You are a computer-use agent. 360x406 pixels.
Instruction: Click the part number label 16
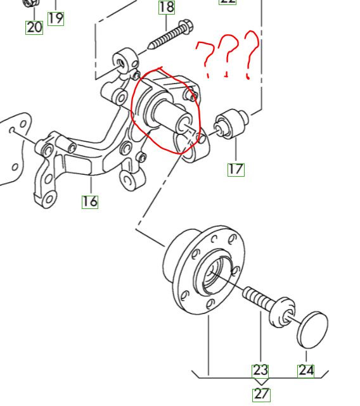(90, 201)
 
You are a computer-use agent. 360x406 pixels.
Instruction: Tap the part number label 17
(236, 169)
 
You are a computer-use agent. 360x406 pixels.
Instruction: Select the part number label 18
(167, 7)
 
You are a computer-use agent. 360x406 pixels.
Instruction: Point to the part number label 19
(56, 18)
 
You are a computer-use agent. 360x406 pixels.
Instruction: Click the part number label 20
(34, 27)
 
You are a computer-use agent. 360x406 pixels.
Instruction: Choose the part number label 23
(260, 371)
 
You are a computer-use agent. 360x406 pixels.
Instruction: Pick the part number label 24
(306, 371)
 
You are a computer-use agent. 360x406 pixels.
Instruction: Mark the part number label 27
(261, 395)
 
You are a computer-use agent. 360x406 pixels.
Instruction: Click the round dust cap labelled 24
(312, 330)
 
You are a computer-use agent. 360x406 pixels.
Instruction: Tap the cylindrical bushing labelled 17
(231, 124)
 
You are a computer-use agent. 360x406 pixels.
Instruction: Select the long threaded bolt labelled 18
(170, 35)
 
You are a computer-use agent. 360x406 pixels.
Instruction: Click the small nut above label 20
(31, 3)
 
